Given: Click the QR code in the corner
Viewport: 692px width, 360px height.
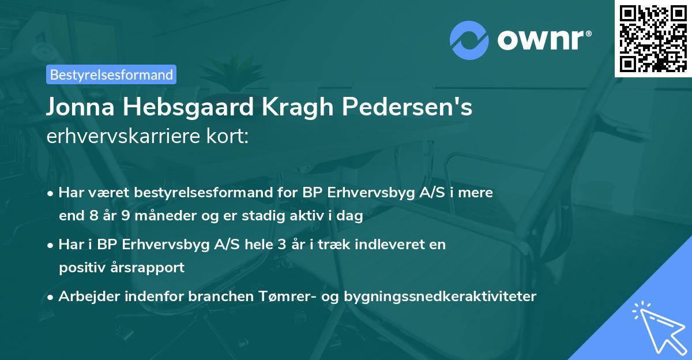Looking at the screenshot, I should click(x=652, y=38).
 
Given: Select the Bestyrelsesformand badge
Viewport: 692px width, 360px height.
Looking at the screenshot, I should click(x=111, y=74).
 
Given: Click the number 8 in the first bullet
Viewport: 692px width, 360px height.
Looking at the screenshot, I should click(x=96, y=216).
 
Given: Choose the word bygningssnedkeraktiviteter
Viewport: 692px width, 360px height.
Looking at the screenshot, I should click(x=440, y=297).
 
